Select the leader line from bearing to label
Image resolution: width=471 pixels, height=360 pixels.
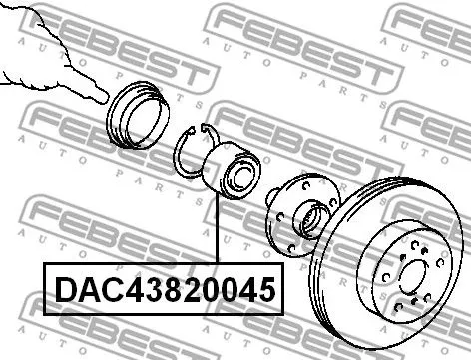tap(216, 229)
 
